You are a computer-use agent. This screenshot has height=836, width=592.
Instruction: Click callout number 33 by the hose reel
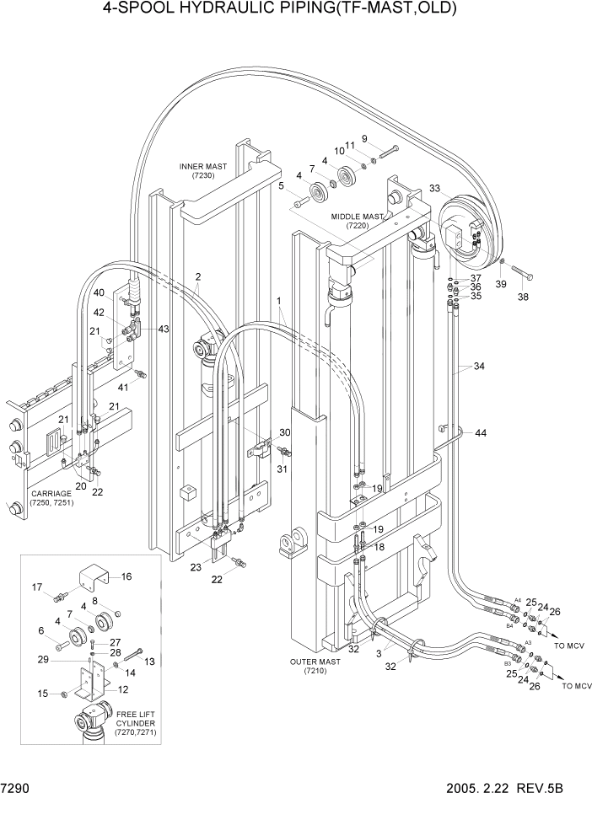click(435, 188)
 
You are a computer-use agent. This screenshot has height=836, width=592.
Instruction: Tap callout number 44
click(481, 432)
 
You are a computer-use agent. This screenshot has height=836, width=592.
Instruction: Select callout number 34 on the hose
click(479, 367)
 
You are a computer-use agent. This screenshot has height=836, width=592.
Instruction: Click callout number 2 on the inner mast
click(197, 276)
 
